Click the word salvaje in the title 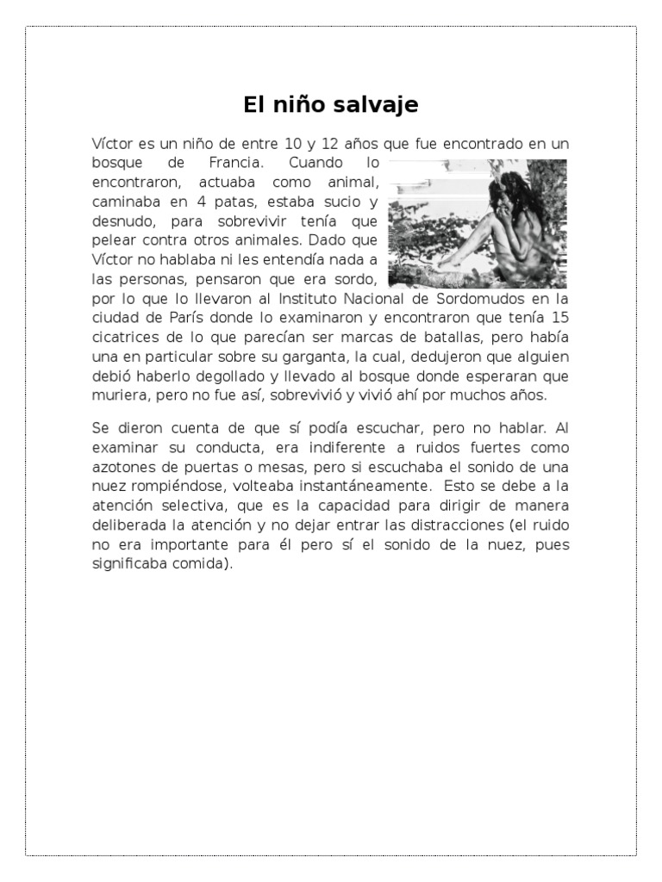381,105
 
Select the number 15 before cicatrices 559,318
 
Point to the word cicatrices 127,337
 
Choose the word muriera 118,394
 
